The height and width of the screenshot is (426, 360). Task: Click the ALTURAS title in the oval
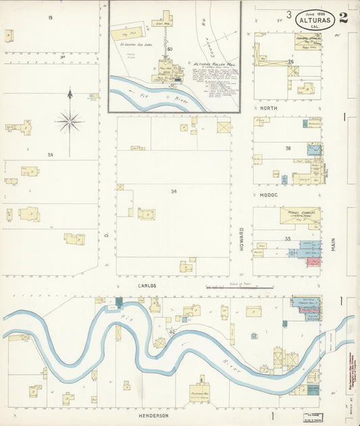pos(314,20)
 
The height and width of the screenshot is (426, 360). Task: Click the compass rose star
pos(70,122)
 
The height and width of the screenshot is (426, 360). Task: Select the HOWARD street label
pos(241,239)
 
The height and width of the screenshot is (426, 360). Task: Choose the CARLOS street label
pos(147,285)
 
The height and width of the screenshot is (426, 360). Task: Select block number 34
pos(174,191)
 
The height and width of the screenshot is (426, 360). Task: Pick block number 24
pos(50,155)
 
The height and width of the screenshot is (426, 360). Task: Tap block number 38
pos(287,148)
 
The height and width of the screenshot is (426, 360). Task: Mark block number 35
pos(287,239)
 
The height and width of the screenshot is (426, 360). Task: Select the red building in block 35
pos(313,261)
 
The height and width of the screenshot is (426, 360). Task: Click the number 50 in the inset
pos(170,49)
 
